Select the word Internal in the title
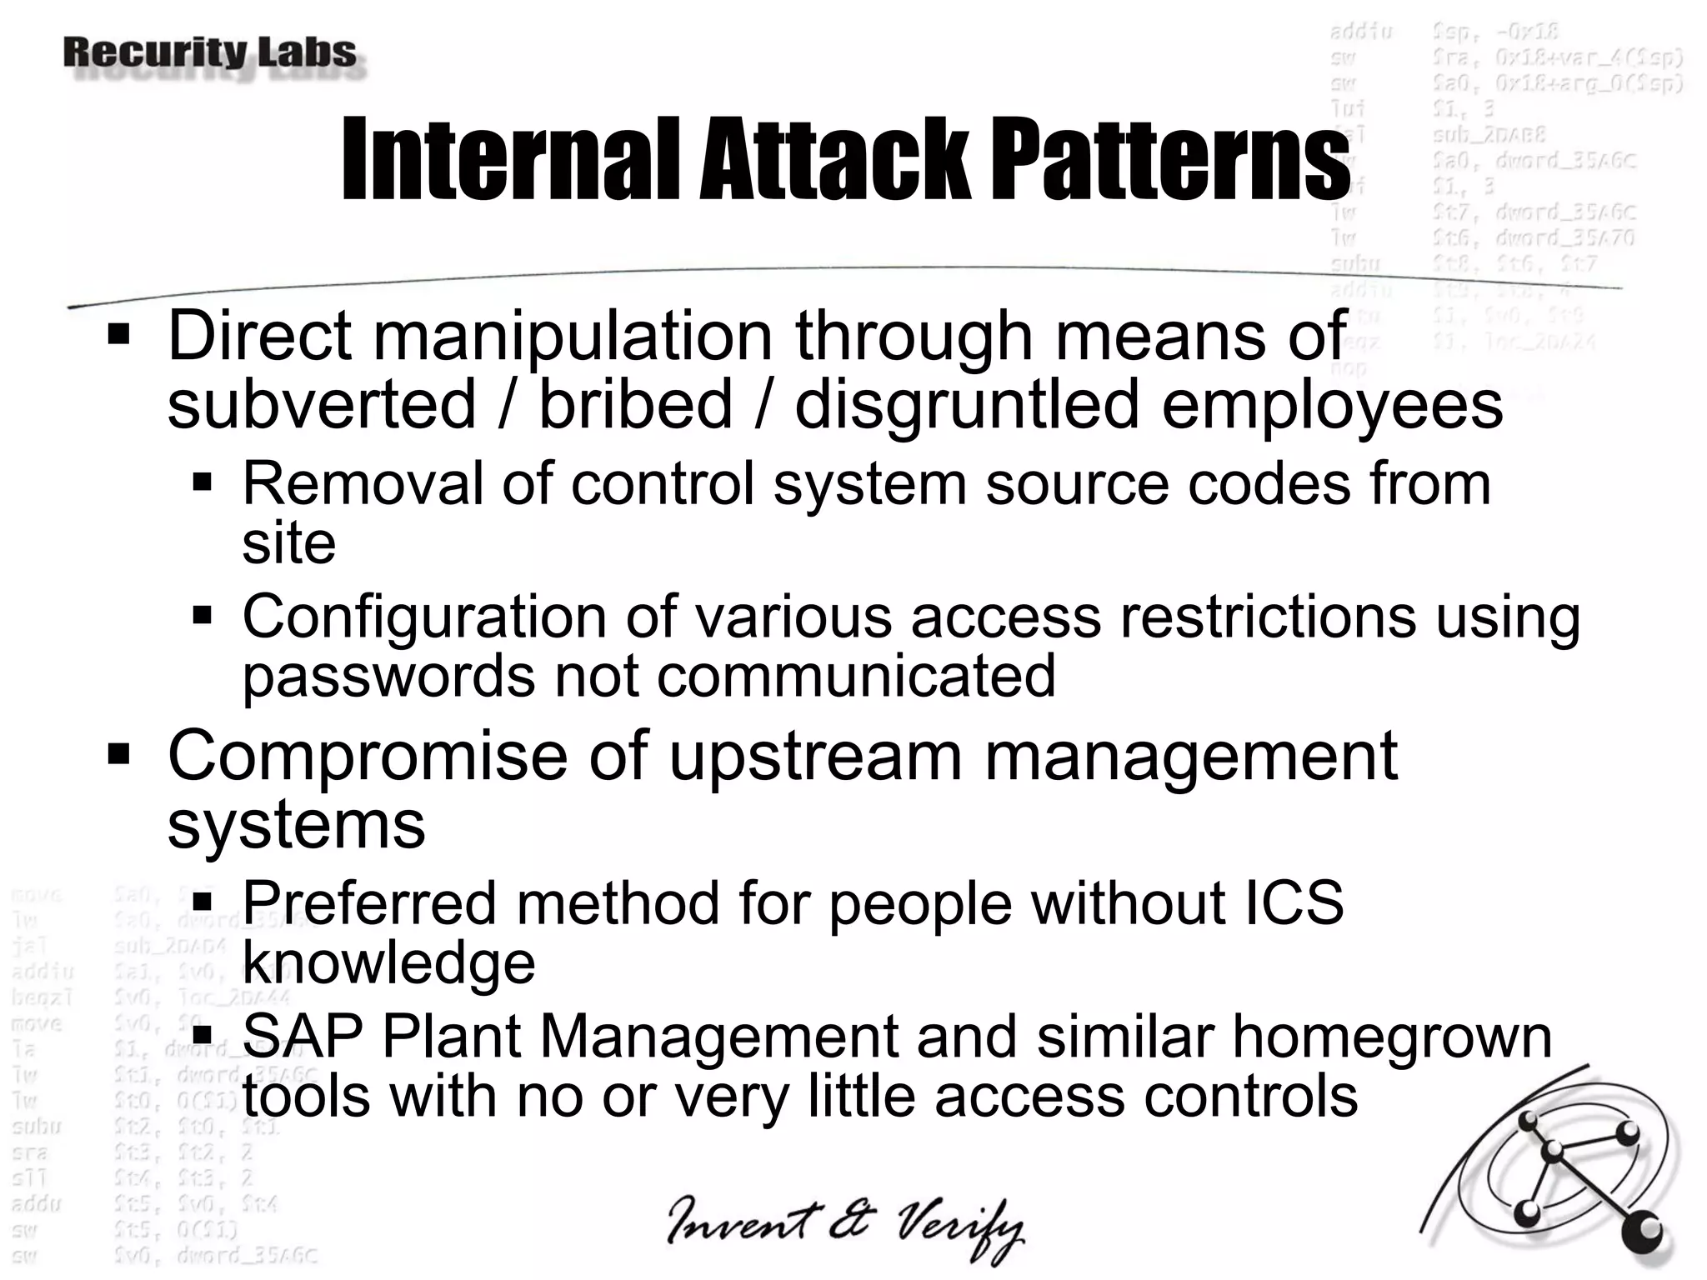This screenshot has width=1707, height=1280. click(512, 160)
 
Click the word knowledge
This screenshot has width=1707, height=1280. click(388, 963)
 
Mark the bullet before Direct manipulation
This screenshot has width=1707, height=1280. click(119, 336)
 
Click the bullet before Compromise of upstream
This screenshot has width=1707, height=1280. click(119, 756)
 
